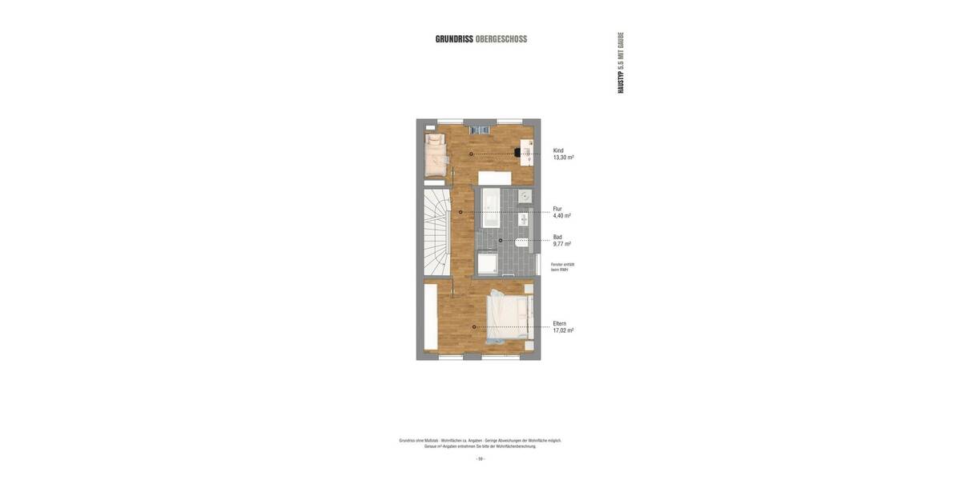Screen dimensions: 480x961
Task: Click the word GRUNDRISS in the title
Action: coord(454,39)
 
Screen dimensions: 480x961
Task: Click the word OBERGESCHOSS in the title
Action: coord(501,39)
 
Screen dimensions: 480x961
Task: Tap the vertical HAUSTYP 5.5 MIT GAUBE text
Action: coord(621,62)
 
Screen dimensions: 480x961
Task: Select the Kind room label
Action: coord(558,150)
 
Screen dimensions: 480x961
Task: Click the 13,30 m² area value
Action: coord(563,158)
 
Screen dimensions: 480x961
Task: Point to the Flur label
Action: coord(557,209)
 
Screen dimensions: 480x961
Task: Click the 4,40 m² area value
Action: coord(561,216)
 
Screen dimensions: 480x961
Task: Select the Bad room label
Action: coord(557,237)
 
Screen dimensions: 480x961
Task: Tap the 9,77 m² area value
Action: coord(561,244)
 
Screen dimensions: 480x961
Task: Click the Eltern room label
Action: coord(560,323)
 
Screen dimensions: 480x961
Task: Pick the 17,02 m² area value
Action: coord(563,330)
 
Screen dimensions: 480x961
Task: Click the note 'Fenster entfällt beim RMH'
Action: coord(562,267)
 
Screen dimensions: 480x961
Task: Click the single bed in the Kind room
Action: coord(435,155)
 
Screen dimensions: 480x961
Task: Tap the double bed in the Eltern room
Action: coord(510,318)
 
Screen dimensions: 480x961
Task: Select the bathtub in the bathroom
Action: coord(491,208)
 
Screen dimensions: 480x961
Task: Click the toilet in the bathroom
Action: coord(522,242)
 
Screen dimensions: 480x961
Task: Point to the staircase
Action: coord(436,232)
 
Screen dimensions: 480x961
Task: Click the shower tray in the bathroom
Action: coord(487,264)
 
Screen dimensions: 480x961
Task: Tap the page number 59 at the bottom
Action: coord(480,459)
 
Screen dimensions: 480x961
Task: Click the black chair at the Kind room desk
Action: coord(517,152)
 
